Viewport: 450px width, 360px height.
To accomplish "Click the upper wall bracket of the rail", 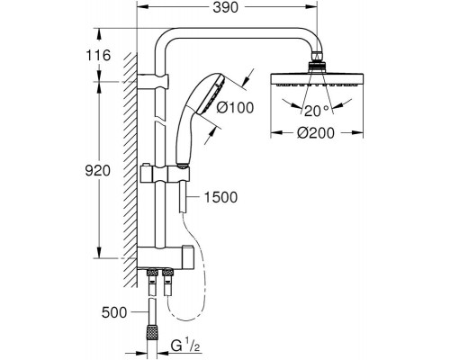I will (x=152, y=85).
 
